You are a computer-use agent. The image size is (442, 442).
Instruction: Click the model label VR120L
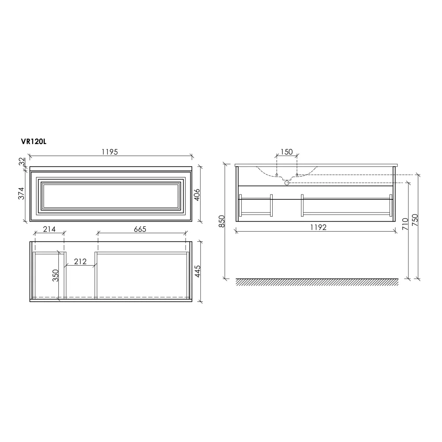(x=34, y=142)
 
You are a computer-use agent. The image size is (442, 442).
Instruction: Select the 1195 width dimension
(x=110, y=152)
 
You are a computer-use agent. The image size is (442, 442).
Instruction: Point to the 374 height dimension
(x=21, y=194)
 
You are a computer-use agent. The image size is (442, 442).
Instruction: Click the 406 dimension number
(x=197, y=195)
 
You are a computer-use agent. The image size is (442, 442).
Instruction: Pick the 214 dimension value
(x=50, y=229)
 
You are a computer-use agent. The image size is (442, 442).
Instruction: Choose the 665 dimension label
(x=140, y=229)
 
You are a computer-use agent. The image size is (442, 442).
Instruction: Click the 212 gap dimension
(x=80, y=262)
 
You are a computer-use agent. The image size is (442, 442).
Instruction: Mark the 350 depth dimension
(x=56, y=275)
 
